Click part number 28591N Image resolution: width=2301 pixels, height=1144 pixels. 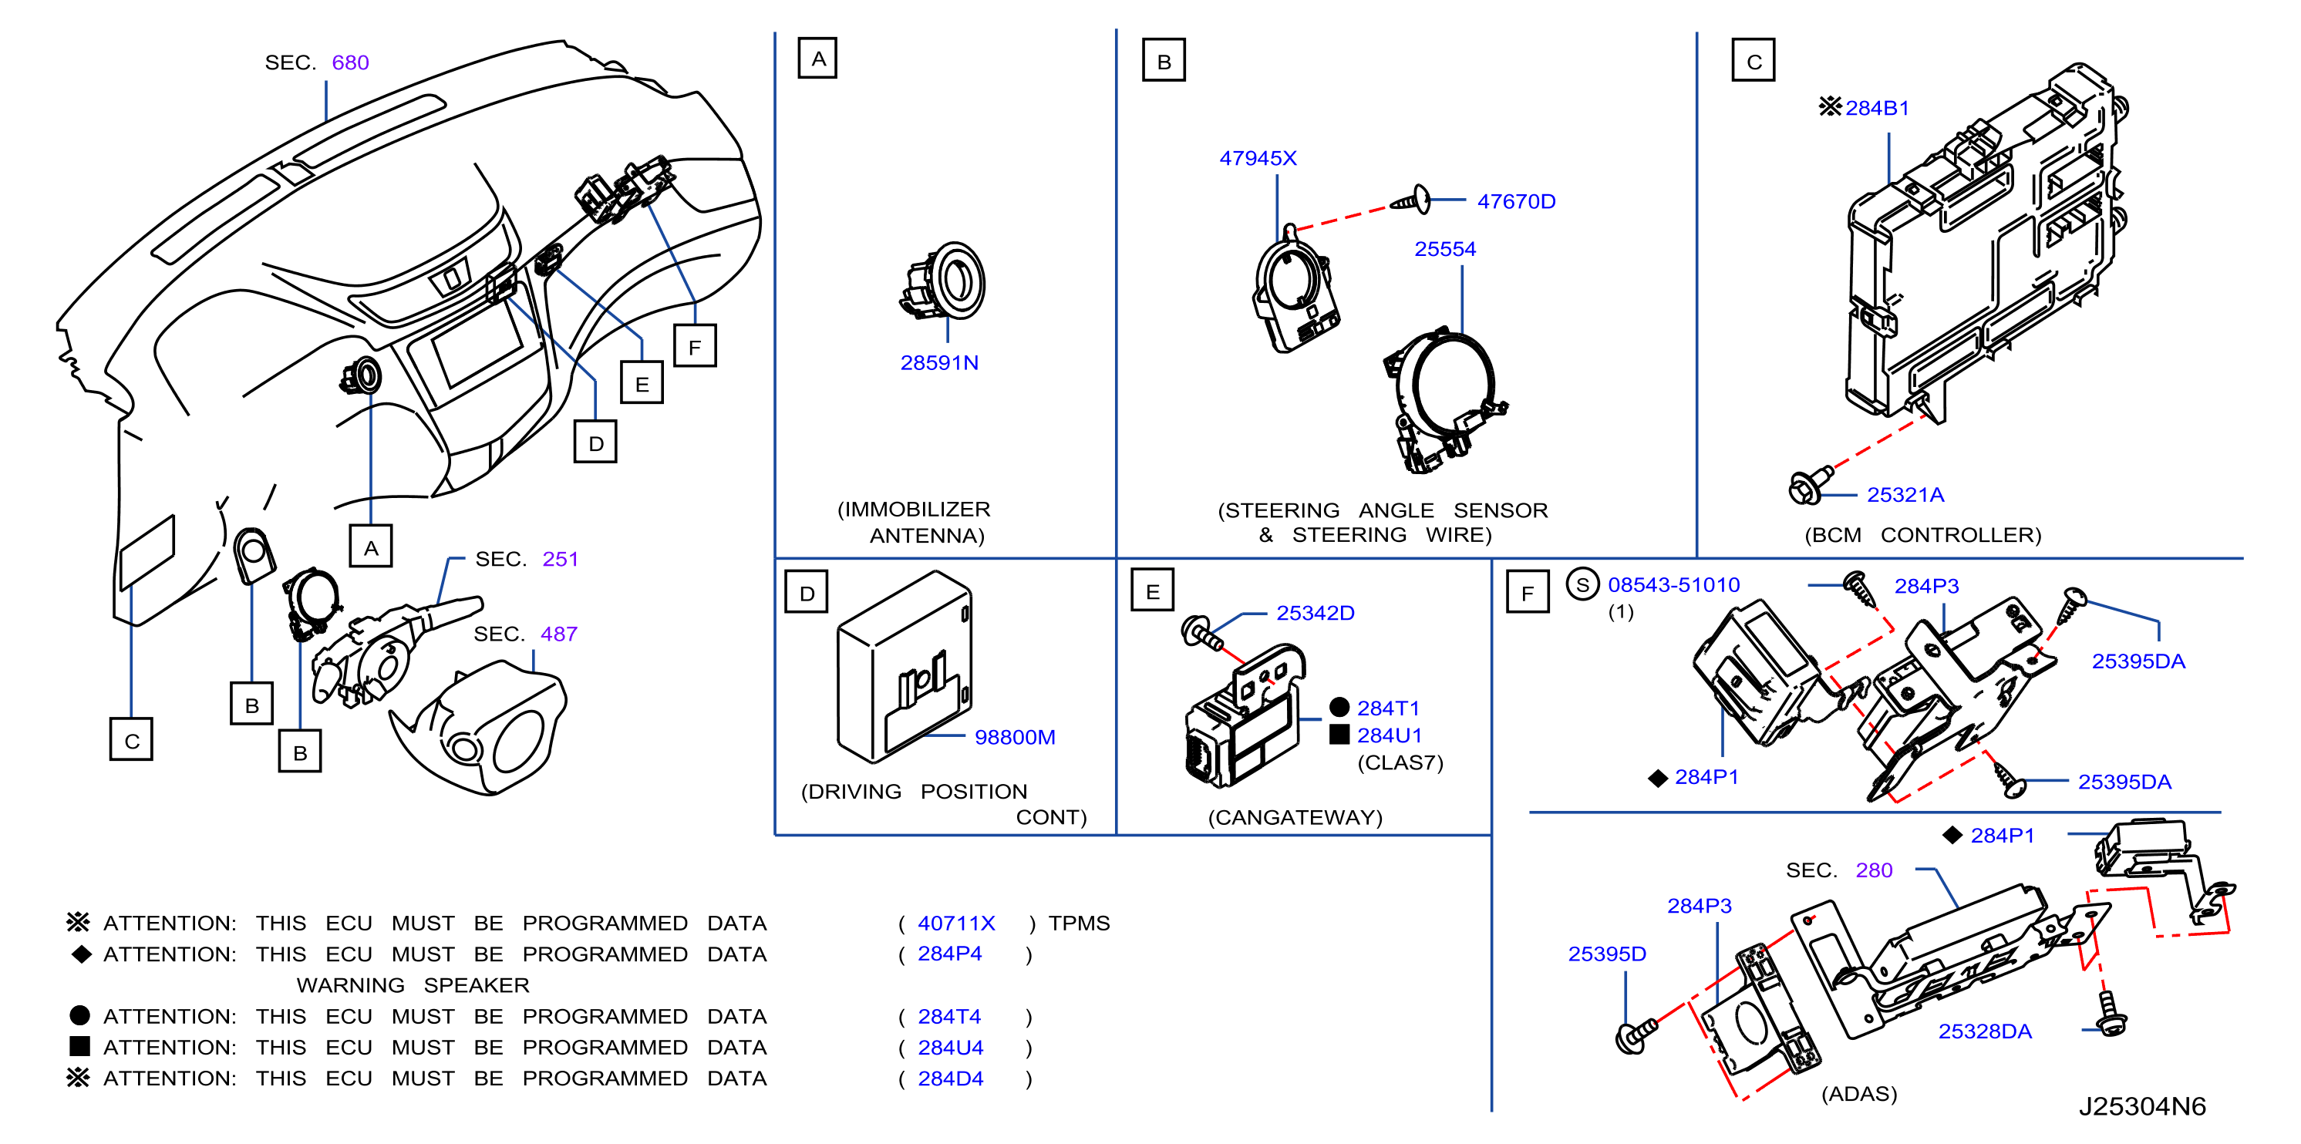coord(938,362)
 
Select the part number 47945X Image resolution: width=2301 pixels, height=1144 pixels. coord(1258,158)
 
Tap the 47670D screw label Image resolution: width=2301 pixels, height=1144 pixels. coord(1516,202)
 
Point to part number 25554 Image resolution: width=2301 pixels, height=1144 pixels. coord(1444,249)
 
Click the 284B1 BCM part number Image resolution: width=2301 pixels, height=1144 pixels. coord(1877,108)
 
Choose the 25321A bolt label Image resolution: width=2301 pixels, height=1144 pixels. coord(1905,495)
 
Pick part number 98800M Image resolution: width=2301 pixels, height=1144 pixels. coord(1015,738)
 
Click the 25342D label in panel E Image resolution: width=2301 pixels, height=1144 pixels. coord(1315,613)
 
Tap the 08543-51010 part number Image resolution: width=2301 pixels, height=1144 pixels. coord(1673,585)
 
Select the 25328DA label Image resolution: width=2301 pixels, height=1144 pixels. coord(1984,1031)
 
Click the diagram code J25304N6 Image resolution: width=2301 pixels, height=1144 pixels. coord(2141,1106)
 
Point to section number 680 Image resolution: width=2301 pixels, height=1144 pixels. coord(350,62)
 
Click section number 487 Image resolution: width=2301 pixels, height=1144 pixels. coord(559,634)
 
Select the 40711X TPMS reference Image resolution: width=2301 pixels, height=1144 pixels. coord(955,924)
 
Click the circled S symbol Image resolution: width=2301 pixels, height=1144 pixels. coord(1582,585)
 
